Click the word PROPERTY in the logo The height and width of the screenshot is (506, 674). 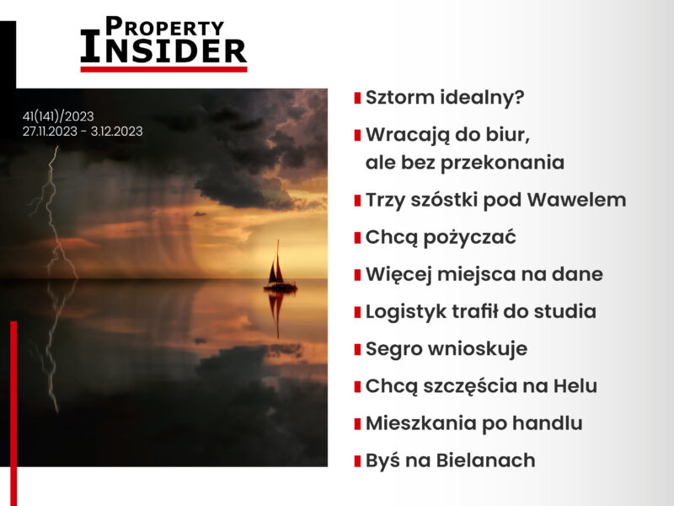164,27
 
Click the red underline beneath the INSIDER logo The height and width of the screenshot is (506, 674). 163,69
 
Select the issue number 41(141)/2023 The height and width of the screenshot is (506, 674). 58,116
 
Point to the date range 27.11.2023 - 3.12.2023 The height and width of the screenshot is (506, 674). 83,132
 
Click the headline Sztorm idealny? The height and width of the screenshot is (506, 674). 445,98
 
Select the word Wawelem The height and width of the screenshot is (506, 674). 576,200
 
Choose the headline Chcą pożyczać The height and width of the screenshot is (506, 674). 441,238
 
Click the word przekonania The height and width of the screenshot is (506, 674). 502,164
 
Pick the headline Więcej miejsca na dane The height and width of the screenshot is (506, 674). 484,275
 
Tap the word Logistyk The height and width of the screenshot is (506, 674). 406,312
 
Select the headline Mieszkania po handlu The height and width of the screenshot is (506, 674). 474,423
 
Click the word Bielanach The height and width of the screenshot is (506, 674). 486,460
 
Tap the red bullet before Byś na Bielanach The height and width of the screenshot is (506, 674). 357,461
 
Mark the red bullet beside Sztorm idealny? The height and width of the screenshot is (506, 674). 357,98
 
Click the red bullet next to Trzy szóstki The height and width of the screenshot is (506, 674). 357,201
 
